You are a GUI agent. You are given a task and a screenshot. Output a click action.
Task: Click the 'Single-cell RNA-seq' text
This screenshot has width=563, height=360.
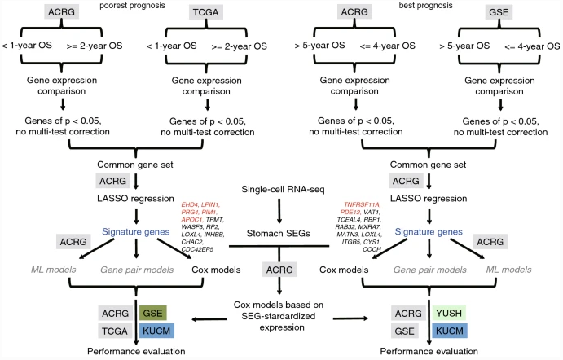[280, 190]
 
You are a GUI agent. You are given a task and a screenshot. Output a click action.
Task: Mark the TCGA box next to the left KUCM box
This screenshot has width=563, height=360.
[113, 331]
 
